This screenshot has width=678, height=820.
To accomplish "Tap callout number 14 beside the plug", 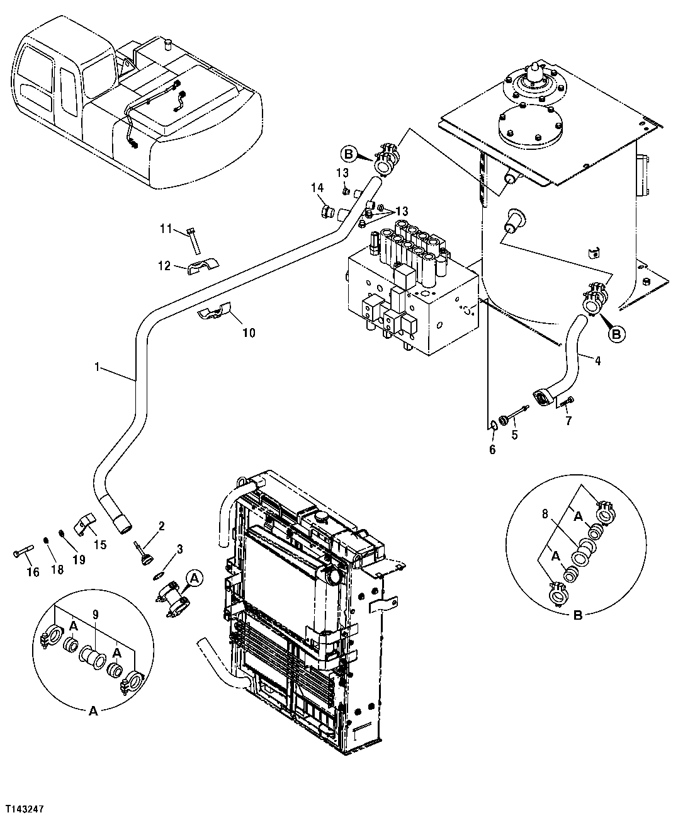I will (317, 187).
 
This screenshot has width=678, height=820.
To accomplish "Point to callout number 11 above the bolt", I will (165, 229).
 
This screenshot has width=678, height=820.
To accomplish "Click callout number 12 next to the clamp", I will (164, 266).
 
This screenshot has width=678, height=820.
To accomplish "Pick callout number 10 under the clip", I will (249, 333).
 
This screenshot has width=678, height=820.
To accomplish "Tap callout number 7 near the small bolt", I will (568, 421).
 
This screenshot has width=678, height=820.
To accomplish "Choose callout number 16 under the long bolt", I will (32, 572).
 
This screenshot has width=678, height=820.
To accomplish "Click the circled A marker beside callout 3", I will (195, 577).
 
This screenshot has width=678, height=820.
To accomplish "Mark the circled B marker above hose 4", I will (617, 334).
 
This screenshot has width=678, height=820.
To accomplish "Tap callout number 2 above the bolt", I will (161, 526).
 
